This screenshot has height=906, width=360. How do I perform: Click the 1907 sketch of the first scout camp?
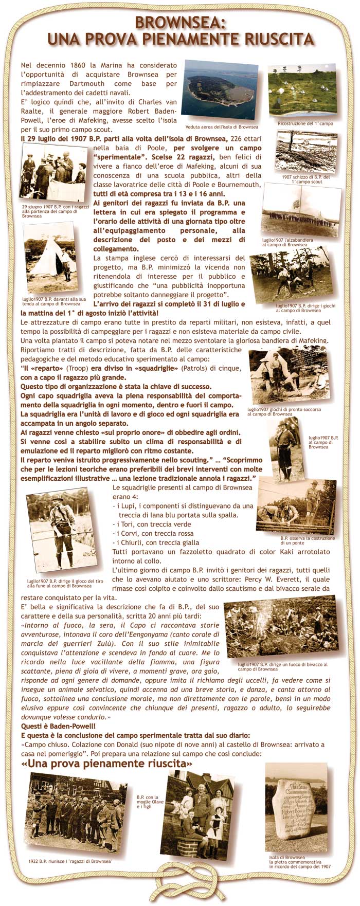(307, 152)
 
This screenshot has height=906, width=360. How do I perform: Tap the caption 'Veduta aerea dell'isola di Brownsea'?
(222, 127)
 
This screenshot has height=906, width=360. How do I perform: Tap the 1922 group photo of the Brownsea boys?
(76, 812)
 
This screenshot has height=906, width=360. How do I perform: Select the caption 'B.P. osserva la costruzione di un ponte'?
(307, 540)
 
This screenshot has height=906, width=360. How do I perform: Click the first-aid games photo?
(289, 377)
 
